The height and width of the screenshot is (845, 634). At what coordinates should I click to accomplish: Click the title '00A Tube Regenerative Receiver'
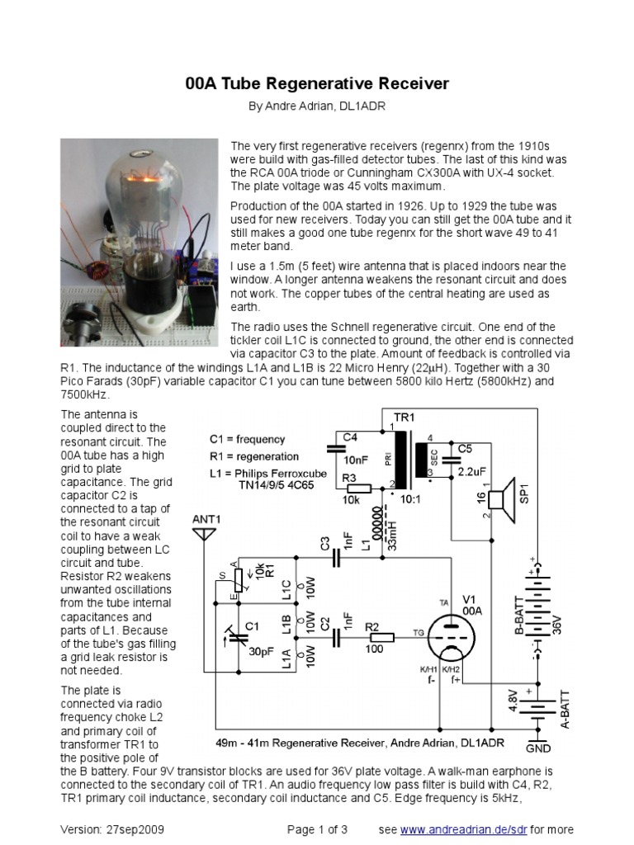pyautogui.click(x=315, y=84)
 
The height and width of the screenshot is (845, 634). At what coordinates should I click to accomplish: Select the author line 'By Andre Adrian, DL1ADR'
pyautogui.click(x=317, y=107)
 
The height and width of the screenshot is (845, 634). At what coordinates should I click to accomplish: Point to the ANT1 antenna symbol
pyautogui.click(x=203, y=535)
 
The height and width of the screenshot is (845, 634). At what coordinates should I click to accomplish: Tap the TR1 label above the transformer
pyautogui.click(x=404, y=418)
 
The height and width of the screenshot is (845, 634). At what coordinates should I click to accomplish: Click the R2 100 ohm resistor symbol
pyautogui.click(x=381, y=637)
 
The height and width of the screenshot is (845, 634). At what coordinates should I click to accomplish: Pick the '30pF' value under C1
pyautogui.click(x=263, y=650)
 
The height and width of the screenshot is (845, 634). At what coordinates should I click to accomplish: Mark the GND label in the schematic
pyautogui.click(x=538, y=748)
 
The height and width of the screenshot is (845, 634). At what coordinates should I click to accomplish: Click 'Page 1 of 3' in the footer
pyautogui.click(x=317, y=828)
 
